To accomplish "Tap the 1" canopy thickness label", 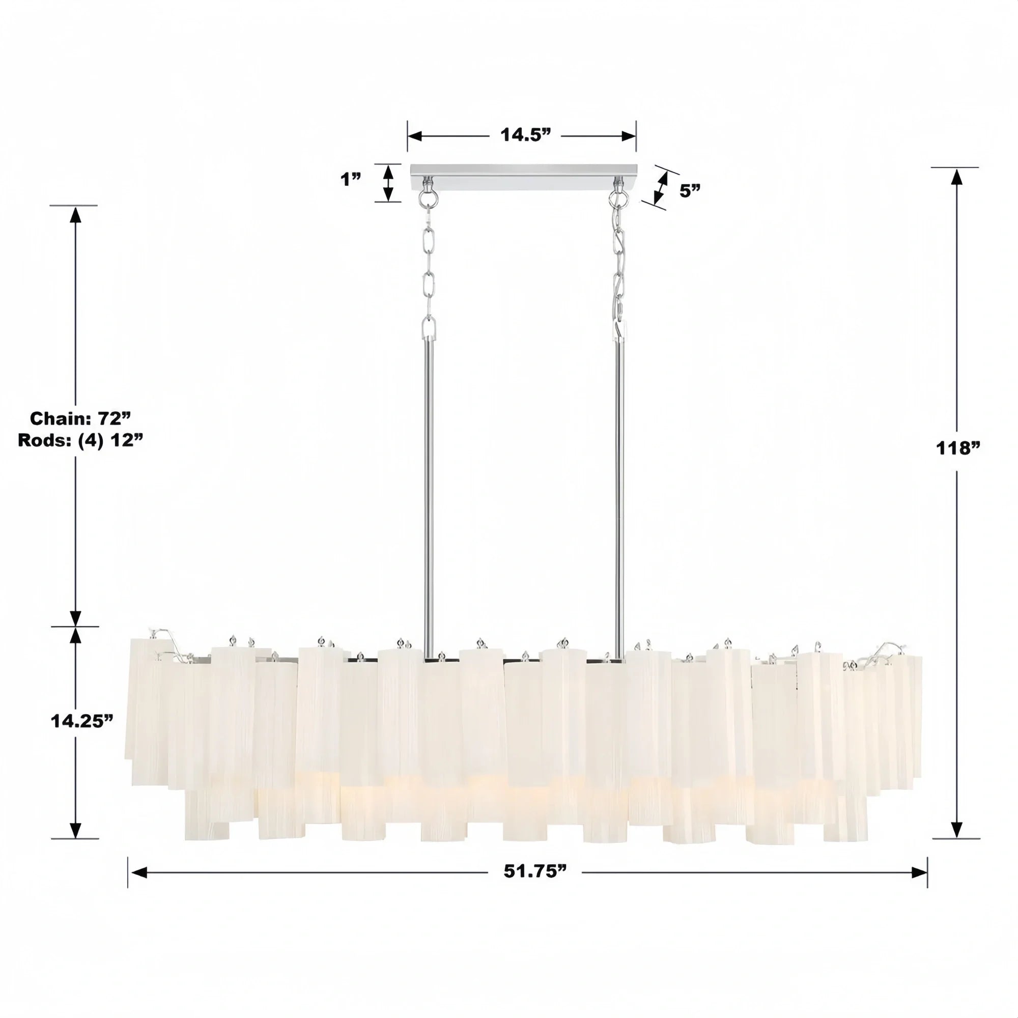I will click(350, 180).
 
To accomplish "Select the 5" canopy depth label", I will click(690, 191).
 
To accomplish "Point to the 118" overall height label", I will click(957, 448).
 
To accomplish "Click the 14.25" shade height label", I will click(82, 721).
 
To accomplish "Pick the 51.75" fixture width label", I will click(534, 871).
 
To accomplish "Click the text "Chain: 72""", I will click(80, 418).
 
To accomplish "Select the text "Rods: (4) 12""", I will click(80, 440).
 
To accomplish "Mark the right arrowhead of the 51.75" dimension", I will click(919, 872).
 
